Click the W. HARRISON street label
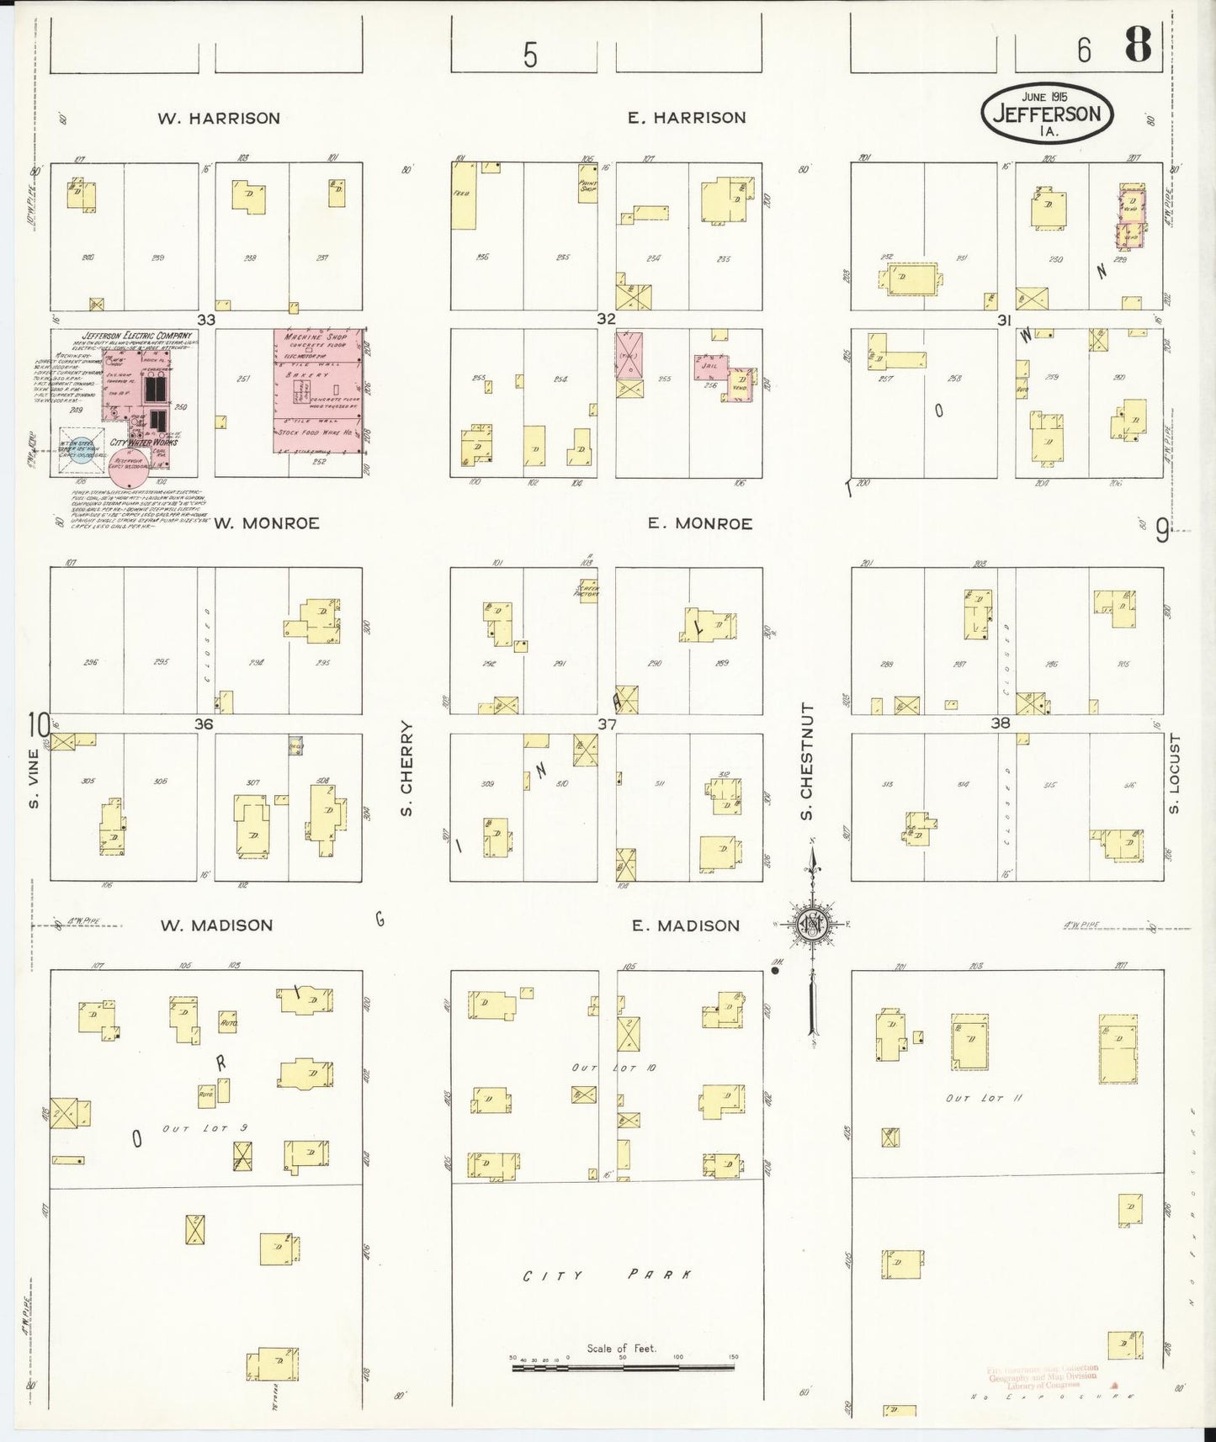(219, 119)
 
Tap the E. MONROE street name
(699, 523)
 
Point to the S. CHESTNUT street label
(806, 761)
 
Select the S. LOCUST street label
(1175, 775)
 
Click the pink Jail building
(709, 368)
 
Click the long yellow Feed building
(463, 195)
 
